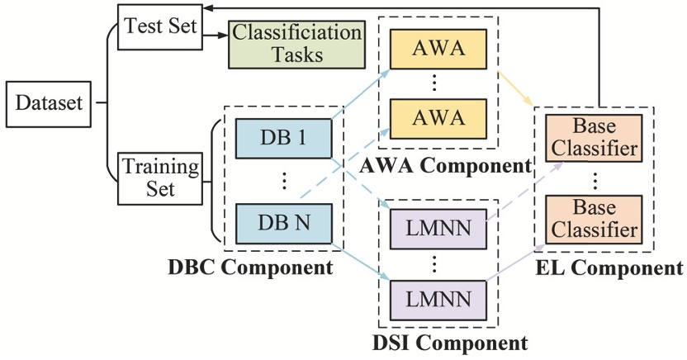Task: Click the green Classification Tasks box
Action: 296,45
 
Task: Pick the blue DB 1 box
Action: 281,136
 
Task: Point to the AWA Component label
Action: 445,165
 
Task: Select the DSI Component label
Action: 443,340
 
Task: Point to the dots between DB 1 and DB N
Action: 281,180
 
